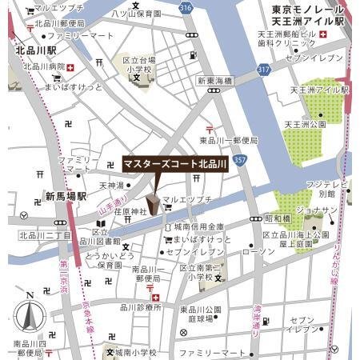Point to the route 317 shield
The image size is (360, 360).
click(x=262, y=70)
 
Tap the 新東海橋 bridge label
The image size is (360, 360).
click(x=216, y=81)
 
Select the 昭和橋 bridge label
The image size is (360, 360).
click(x=278, y=218)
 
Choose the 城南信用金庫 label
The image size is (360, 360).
click(x=198, y=227)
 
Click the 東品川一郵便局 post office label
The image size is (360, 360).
click(x=229, y=140)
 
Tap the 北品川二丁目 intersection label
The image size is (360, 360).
click(x=45, y=236)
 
